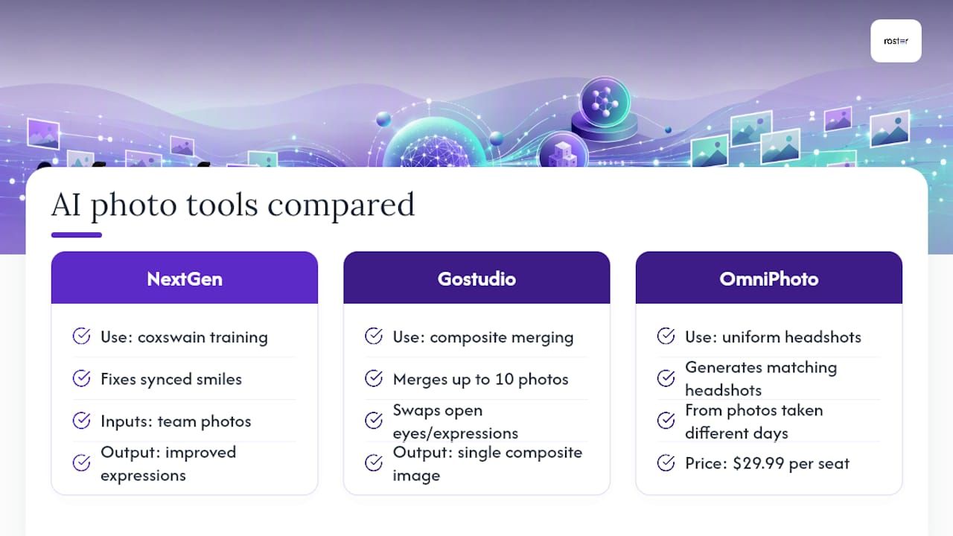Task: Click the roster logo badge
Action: pyautogui.click(x=896, y=41)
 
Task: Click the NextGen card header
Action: pyautogui.click(x=184, y=278)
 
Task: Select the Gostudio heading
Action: pyautogui.click(x=476, y=279)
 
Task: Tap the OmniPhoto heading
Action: pyautogui.click(x=769, y=279)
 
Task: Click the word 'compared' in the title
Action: pyautogui.click(x=341, y=205)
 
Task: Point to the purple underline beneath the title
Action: pyautogui.click(x=77, y=234)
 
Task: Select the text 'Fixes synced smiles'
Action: pyautogui.click(x=171, y=379)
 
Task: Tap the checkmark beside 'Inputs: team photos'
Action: pyautogui.click(x=81, y=421)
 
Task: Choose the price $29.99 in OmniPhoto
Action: pyautogui.click(x=758, y=463)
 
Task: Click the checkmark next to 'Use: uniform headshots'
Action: pyautogui.click(x=666, y=336)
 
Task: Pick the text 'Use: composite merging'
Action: pyautogui.click(x=483, y=337)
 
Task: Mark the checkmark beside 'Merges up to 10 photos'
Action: pyautogui.click(x=374, y=378)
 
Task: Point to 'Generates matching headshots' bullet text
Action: pyautogui.click(x=761, y=379)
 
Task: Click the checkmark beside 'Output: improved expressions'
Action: pyautogui.click(x=81, y=462)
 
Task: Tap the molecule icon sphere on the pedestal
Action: pyautogui.click(x=605, y=102)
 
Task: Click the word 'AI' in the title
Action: pyautogui.click(x=66, y=205)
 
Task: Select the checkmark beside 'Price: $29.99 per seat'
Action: pyautogui.click(x=666, y=462)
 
